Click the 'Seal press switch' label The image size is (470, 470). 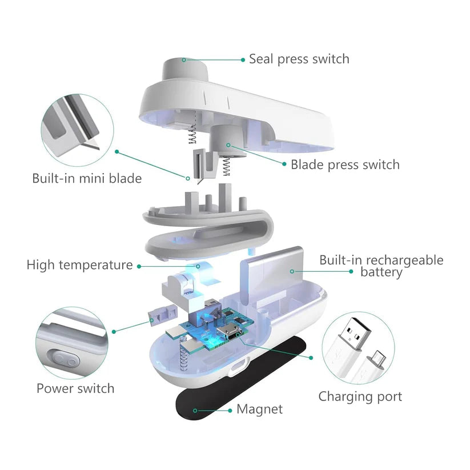tap(299, 59)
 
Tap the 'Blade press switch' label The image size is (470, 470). tap(345, 165)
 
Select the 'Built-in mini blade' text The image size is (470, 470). tap(87, 178)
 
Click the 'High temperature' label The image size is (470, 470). tap(79, 265)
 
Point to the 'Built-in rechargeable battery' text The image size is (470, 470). tap(381, 266)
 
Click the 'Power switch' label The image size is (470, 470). tap(75, 388)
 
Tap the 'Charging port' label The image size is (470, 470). tap(360, 396)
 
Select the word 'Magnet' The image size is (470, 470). tap(259, 409)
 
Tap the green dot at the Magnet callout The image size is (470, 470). tap(195, 409)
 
